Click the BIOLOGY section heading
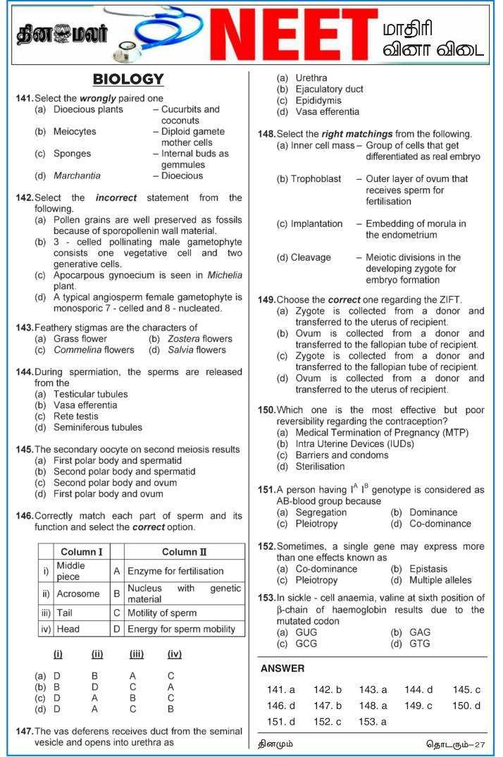128,79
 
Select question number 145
25,449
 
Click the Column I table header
81,552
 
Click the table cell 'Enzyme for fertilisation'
175,571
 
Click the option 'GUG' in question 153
306,632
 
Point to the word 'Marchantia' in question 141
77,176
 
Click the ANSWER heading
282,668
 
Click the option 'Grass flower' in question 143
80,338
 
